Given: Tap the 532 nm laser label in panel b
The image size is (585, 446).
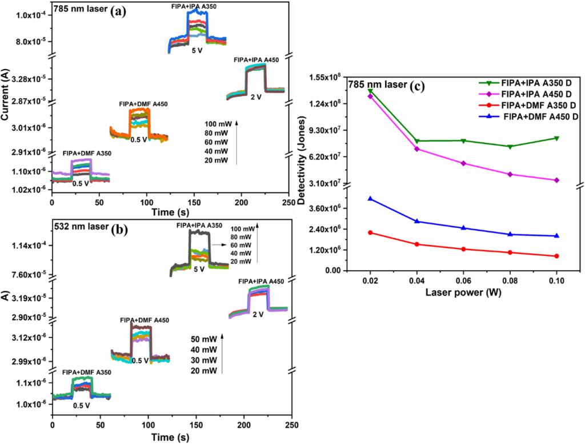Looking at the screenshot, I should click(82, 226).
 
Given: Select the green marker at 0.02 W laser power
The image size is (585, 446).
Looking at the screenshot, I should click(370, 91).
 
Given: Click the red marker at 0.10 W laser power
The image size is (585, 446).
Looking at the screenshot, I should click(556, 256).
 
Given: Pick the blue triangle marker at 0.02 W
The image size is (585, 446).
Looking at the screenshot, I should click(370, 199).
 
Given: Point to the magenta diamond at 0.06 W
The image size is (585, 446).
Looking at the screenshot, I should click(463, 163).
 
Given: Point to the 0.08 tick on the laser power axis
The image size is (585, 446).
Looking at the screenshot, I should click(510, 281).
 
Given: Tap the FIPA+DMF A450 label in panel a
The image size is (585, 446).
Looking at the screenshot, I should click(139, 104).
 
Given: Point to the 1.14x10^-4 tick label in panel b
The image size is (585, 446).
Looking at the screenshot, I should click(29, 246).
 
